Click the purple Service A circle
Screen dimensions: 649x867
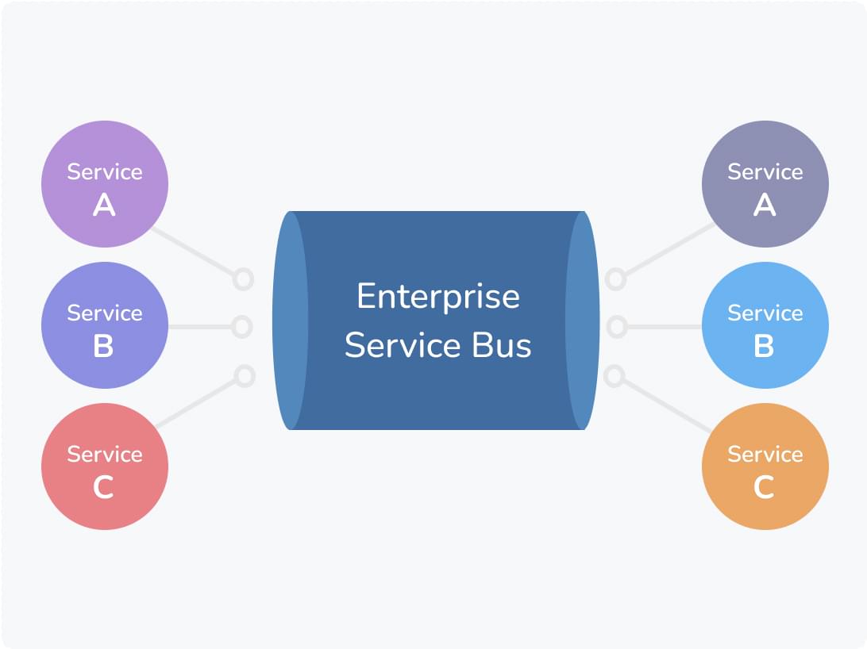tap(104, 184)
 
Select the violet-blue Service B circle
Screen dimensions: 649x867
tap(104, 325)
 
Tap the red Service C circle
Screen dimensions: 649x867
tap(104, 467)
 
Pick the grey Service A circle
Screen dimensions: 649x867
tap(765, 184)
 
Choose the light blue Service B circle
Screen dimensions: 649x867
tap(765, 325)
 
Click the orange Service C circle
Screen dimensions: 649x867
tap(765, 467)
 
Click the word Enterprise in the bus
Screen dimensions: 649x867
tap(437, 297)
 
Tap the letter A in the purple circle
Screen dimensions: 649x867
tap(104, 205)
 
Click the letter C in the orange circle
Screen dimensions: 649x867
tap(764, 487)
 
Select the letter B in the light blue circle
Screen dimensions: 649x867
tap(764, 347)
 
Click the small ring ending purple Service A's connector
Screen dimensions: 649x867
tap(243, 279)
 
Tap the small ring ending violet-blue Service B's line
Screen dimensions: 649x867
tap(242, 327)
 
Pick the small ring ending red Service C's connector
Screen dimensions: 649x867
tap(245, 375)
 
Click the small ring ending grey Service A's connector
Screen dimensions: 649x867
tap(615, 279)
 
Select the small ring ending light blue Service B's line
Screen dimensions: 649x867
tap(616, 327)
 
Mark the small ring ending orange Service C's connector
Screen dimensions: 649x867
tap(614, 375)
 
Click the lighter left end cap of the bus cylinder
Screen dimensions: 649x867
tap(290, 321)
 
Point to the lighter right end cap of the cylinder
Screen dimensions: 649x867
tap(583, 321)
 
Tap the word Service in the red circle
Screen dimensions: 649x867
tap(104, 454)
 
